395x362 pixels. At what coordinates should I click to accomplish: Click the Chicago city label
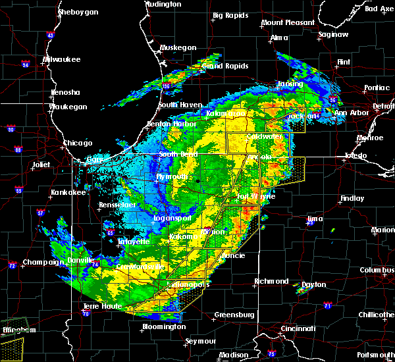pos(78,143)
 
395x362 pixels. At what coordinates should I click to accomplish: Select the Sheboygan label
pos(78,12)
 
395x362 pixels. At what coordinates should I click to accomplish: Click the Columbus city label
pos(377,271)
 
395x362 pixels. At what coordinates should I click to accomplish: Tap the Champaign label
pos(42,262)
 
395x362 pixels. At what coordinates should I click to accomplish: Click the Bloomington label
pos(163,326)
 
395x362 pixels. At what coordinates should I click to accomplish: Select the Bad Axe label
pos(379,9)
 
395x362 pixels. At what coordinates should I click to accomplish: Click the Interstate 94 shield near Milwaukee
pos(25,65)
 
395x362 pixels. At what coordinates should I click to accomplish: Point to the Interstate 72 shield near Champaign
pos(12,265)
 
